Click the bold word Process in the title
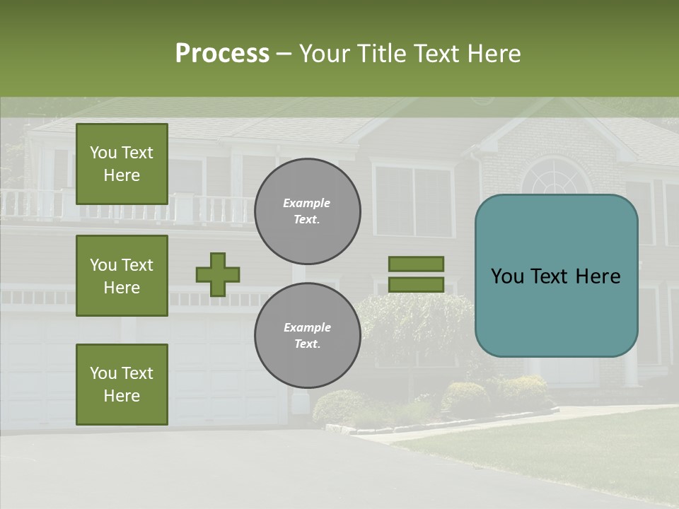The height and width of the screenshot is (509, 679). [x=222, y=54]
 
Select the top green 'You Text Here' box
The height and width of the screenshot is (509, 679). [x=122, y=164]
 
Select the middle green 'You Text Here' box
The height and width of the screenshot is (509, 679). [x=122, y=276]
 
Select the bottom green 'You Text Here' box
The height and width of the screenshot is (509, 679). [x=122, y=385]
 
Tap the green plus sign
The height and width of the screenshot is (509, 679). [x=218, y=274]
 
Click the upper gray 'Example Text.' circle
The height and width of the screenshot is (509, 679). [x=308, y=211]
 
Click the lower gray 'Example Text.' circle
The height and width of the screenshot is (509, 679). [x=308, y=336]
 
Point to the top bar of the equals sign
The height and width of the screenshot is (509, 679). [x=416, y=264]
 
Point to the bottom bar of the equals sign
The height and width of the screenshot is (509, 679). [x=416, y=285]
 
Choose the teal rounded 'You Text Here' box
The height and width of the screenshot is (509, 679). [x=556, y=276]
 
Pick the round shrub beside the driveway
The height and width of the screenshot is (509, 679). [x=338, y=407]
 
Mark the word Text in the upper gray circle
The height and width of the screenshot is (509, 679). [x=306, y=219]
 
